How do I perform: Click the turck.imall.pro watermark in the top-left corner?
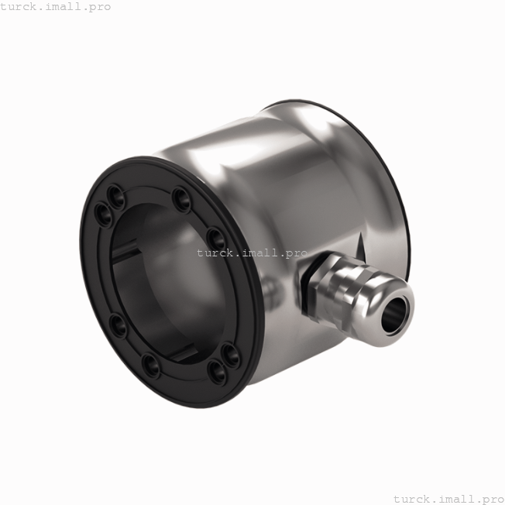tap(56, 7)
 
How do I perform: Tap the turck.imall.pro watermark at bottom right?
tap(448, 498)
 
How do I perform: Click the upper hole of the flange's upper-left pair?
tap(115, 191)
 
